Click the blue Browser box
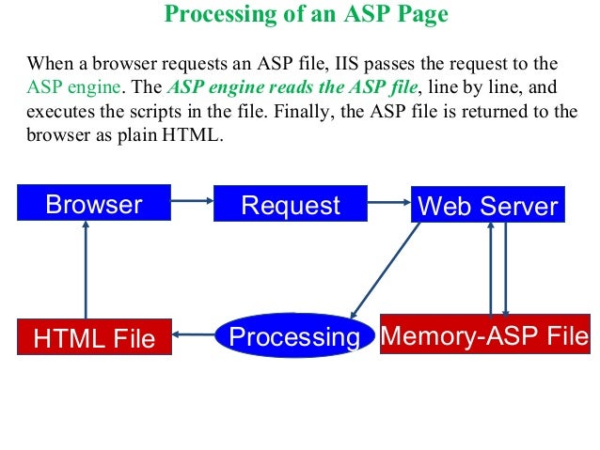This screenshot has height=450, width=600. tap(94, 204)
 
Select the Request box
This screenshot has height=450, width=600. tap(291, 205)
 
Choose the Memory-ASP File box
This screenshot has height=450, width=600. tap(484, 334)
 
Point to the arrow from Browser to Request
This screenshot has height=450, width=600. tap(192, 199)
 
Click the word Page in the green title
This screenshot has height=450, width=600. tap(421, 14)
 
